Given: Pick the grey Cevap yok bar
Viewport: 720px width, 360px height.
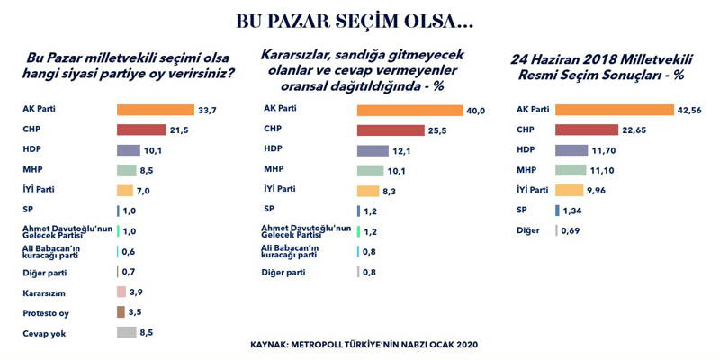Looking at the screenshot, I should pos(127,332).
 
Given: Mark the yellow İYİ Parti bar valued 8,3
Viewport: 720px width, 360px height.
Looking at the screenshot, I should pos(367,191).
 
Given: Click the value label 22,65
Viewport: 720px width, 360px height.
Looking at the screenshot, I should pos(634,130).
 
